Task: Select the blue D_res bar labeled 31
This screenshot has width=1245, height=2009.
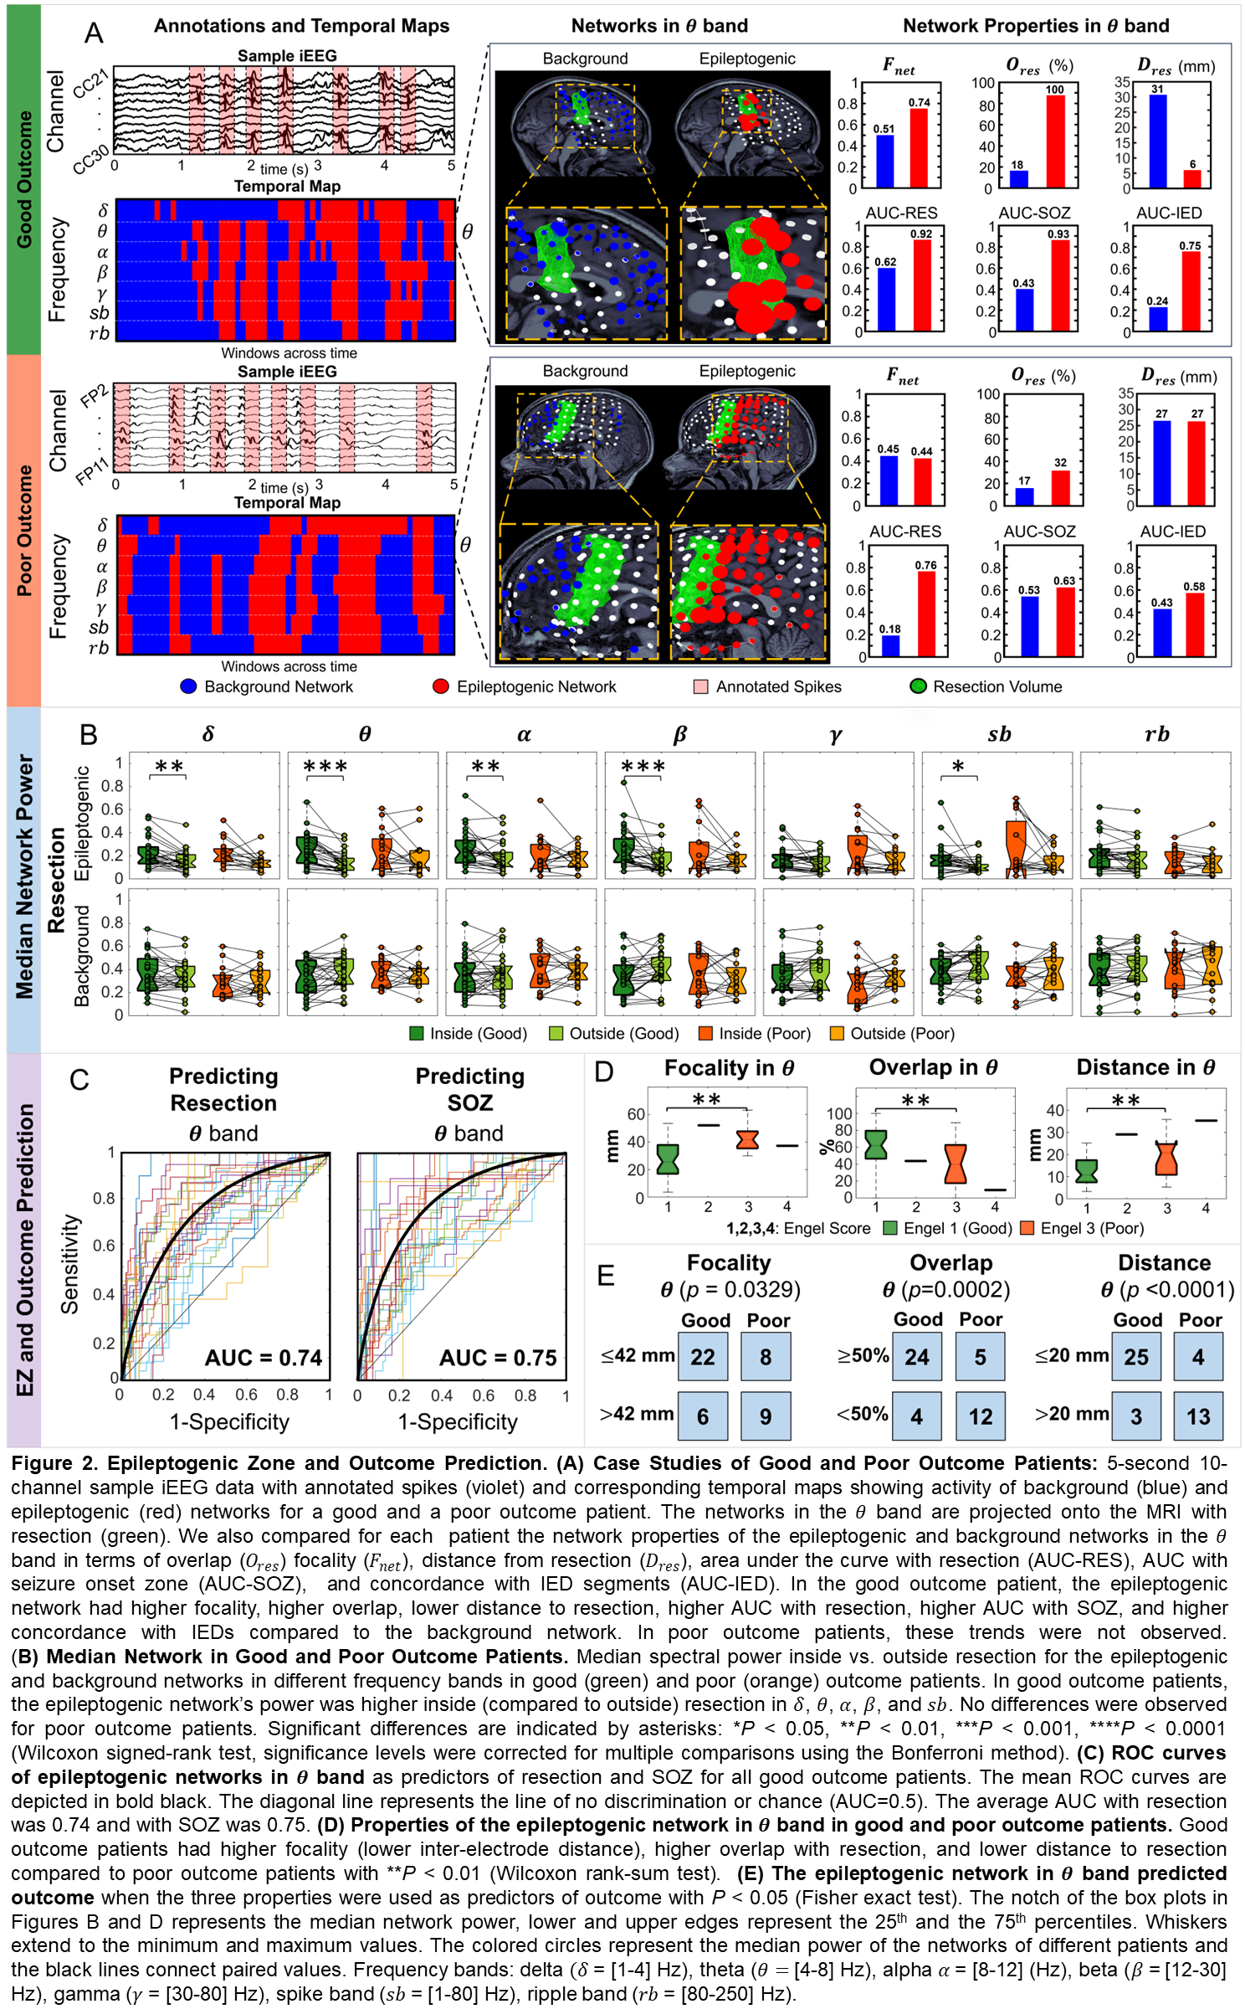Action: tap(1157, 141)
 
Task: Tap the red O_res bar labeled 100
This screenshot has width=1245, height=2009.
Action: tap(1055, 141)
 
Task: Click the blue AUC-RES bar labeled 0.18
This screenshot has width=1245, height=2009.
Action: tap(891, 645)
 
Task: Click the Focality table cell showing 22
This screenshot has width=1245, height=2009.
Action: tap(702, 1357)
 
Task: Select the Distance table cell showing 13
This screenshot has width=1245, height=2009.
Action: tap(1198, 1416)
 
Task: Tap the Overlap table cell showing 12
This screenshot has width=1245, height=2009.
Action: tap(980, 1416)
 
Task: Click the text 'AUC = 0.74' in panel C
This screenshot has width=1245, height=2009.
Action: tap(264, 1358)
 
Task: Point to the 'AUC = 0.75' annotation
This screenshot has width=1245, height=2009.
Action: tap(498, 1358)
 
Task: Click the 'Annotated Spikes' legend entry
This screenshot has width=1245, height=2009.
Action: tap(778, 686)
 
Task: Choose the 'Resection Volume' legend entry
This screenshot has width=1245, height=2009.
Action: tap(997, 686)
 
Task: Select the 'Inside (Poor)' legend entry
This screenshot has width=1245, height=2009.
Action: tap(764, 1033)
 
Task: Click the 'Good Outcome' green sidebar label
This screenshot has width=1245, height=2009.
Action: tap(24, 180)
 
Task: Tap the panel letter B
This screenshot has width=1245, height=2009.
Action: tap(89, 734)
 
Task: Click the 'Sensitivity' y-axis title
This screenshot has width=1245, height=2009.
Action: tap(70, 1264)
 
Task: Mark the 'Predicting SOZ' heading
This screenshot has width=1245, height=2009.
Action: tap(469, 1089)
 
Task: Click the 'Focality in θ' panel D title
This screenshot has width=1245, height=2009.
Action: tap(729, 1068)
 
